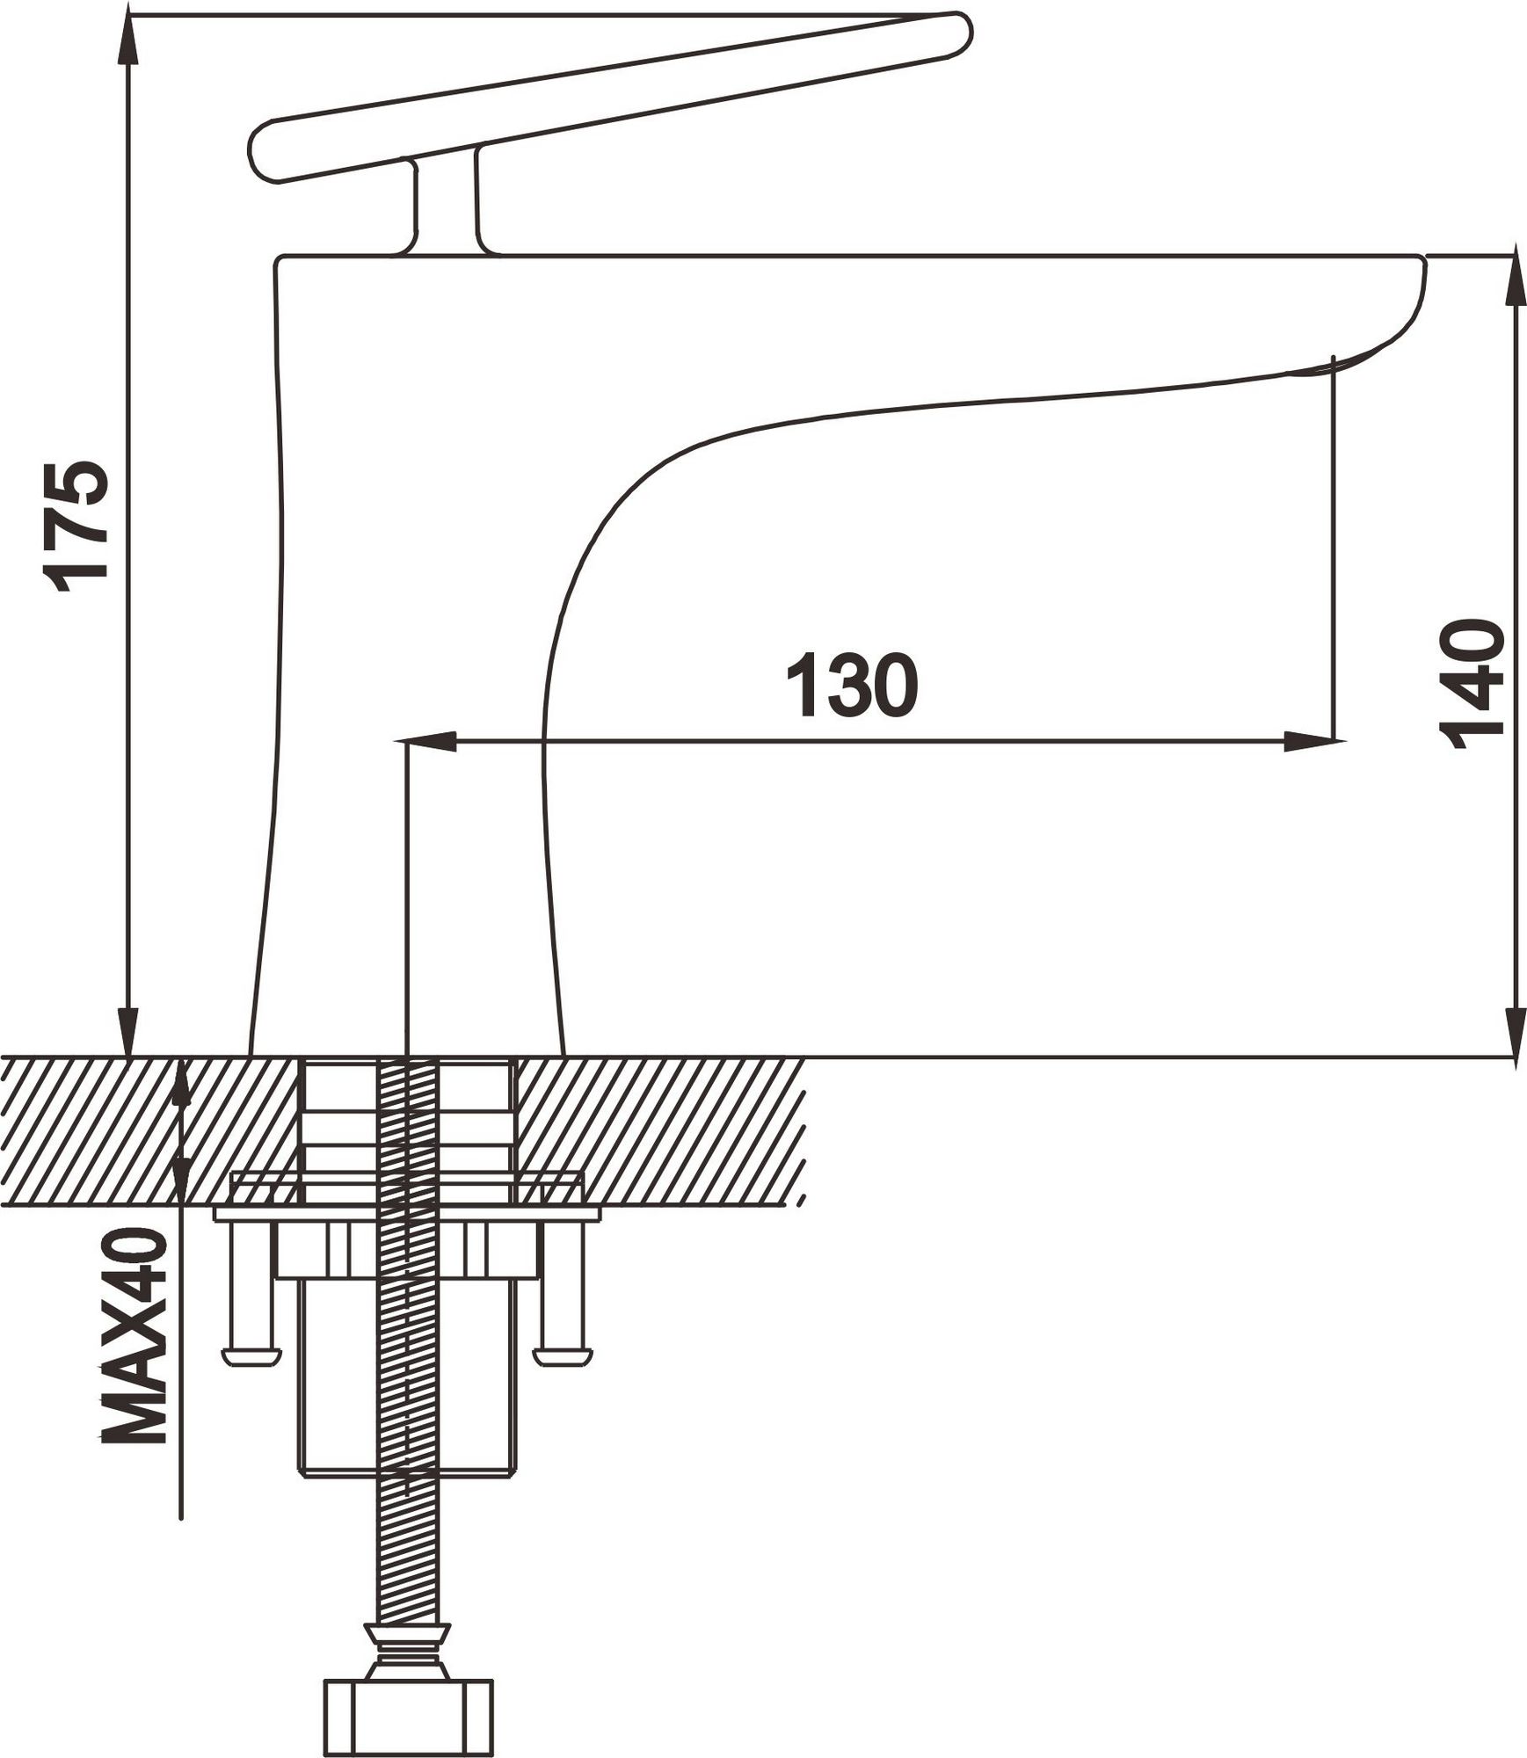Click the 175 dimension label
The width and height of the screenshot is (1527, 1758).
(x=77, y=526)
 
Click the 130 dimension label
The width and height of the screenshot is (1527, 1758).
(x=851, y=686)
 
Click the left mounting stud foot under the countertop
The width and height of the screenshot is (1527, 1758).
(x=251, y=1358)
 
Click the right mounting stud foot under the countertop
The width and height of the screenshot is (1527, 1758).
(x=563, y=1358)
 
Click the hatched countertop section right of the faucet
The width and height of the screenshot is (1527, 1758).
(x=659, y=1130)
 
